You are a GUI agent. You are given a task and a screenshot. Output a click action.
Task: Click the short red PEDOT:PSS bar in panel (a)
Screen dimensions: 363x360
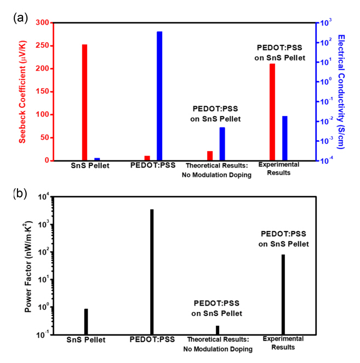point(147,158)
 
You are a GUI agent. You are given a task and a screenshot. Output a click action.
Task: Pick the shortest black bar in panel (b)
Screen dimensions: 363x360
point(218,330)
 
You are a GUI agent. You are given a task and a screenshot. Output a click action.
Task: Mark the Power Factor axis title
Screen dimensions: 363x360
point(28,264)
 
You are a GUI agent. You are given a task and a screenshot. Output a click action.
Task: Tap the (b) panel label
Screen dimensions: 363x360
point(20,193)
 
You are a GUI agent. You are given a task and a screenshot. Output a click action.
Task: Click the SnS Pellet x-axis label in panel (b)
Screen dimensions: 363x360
point(86,339)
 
